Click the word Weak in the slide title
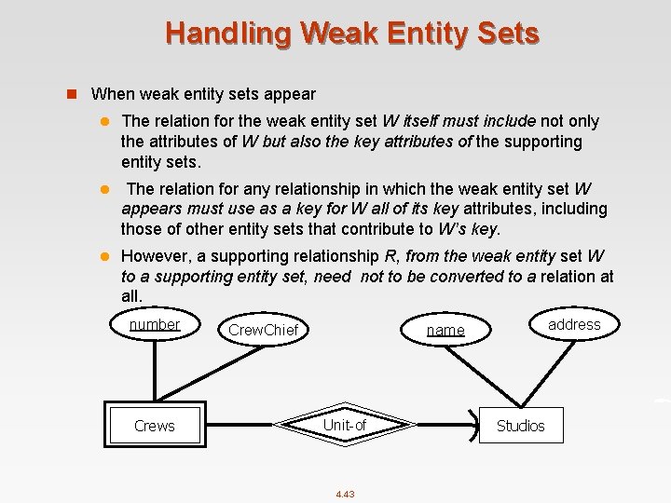[334, 34]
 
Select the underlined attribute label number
[155, 324]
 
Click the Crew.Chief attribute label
[263, 330]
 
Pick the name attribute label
[445, 330]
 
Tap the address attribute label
[574, 324]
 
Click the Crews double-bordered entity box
[155, 426]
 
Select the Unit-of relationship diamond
[344, 426]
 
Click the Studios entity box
[520, 426]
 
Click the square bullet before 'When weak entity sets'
[71, 94]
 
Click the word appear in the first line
[291, 94]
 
